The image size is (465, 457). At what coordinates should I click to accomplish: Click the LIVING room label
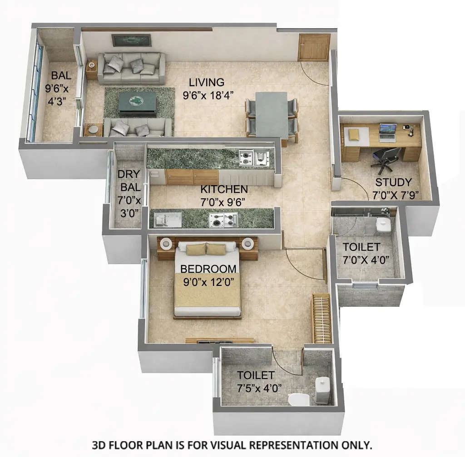click(x=207, y=83)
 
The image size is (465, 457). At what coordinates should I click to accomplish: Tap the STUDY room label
click(x=393, y=182)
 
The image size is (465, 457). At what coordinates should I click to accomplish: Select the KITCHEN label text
click(x=224, y=189)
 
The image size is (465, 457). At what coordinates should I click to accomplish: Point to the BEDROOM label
click(x=208, y=269)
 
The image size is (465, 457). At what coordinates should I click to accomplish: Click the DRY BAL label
click(x=129, y=181)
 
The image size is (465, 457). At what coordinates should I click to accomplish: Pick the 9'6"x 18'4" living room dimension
click(x=208, y=96)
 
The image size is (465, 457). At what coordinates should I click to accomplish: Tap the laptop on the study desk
click(x=387, y=132)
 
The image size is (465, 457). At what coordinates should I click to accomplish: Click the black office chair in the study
click(x=386, y=159)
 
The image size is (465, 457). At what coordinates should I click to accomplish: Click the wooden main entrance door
click(x=314, y=47)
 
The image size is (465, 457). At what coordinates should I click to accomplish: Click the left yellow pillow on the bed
click(x=196, y=249)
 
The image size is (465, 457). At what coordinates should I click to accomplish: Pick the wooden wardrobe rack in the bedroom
click(x=321, y=318)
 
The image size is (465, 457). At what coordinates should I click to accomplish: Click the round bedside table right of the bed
click(x=248, y=244)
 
